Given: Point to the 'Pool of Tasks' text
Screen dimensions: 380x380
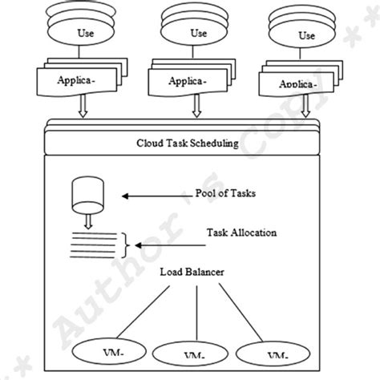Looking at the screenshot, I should click(x=226, y=193).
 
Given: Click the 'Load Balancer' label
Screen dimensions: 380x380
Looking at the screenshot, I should click(x=190, y=273).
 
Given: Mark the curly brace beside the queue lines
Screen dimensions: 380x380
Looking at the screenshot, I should click(x=126, y=241).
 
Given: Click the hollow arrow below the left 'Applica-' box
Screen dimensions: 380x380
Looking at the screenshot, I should click(x=83, y=108).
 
